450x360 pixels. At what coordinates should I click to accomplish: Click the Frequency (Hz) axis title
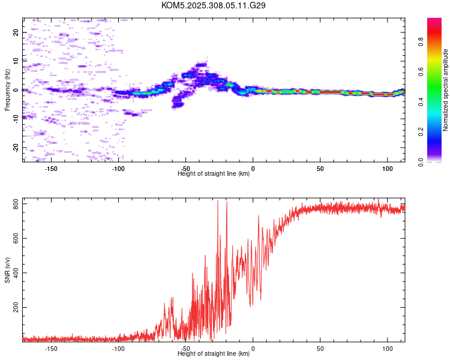tap(7, 90)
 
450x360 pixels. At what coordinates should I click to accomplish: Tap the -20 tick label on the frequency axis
tap(16, 148)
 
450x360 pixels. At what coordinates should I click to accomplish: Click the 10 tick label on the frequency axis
tap(16, 61)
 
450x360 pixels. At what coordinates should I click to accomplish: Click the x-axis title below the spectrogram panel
tap(214, 174)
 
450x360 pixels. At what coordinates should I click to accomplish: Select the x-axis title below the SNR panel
tap(214, 353)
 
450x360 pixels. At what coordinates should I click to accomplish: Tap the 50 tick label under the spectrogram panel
tap(320, 169)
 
